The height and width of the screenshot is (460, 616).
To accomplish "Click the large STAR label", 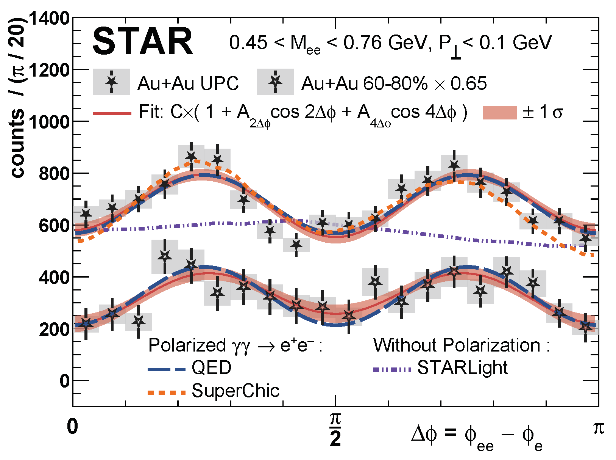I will click(x=143, y=42).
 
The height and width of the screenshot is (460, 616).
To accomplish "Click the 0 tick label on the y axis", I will click(x=64, y=381).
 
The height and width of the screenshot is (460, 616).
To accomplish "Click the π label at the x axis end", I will click(x=599, y=428).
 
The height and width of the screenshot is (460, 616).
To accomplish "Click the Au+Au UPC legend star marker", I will click(x=112, y=81).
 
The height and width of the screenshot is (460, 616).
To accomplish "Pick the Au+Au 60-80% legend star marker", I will click(x=275, y=81).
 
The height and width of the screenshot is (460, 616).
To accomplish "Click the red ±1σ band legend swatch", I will click(x=499, y=113).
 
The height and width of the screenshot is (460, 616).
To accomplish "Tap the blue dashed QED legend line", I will click(x=166, y=369).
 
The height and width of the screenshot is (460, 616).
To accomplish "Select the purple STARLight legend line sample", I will click(x=391, y=369).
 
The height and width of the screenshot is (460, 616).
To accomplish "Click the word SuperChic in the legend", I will click(x=235, y=391).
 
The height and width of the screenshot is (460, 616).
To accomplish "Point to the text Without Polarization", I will click(x=457, y=345).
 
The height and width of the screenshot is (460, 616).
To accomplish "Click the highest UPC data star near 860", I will click(x=191, y=157).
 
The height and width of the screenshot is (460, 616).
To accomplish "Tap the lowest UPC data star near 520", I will click(x=296, y=245).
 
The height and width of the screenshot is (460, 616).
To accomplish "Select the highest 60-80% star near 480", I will click(x=164, y=256).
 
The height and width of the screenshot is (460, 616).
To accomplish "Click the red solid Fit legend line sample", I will click(x=112, y=113).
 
